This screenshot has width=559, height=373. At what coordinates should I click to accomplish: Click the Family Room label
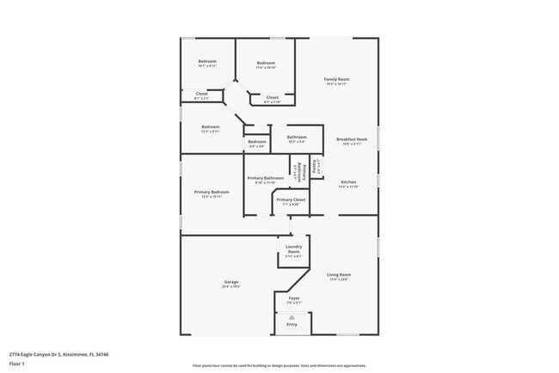(336, 79)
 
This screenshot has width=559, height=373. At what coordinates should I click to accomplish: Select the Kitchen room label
(348, 182)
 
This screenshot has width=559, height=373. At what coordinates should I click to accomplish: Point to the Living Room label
(340, 274)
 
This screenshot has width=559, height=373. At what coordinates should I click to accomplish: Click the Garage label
(231, 281)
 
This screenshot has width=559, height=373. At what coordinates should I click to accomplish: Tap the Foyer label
(293, 298)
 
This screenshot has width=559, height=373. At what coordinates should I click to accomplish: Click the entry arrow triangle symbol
(292, 317)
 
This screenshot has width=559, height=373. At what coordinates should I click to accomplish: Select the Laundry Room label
(292, 250)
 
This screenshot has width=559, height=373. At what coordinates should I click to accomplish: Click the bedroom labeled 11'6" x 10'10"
(266, 63)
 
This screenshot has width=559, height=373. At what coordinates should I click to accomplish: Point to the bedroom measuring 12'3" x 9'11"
(211, 126)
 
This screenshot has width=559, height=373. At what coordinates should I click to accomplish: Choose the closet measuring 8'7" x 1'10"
(272, 98)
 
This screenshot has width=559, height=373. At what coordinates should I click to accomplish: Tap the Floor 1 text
(17, 364)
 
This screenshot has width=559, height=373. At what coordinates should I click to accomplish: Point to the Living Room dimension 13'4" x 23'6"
(340, 279)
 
